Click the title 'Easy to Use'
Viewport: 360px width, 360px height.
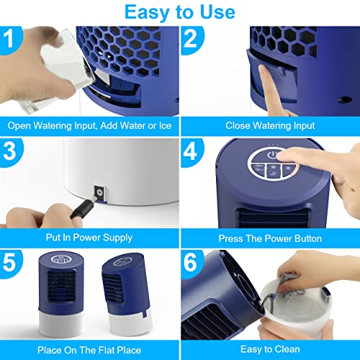(x=180, y=12)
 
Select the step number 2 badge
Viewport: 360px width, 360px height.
(x=192, y=40)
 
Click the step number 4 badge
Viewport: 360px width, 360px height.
(x=192, y=152)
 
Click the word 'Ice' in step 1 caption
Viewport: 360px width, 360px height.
(x=165, y=125)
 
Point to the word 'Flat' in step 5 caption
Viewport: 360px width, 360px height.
(x=107, y=350)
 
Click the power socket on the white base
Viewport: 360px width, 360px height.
(x=99, y=193)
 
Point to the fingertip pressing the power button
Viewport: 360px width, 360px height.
(x=279, y=156)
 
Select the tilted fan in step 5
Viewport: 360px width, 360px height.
(x=127, y=294)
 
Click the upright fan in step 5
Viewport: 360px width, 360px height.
(x=61, y=294)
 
